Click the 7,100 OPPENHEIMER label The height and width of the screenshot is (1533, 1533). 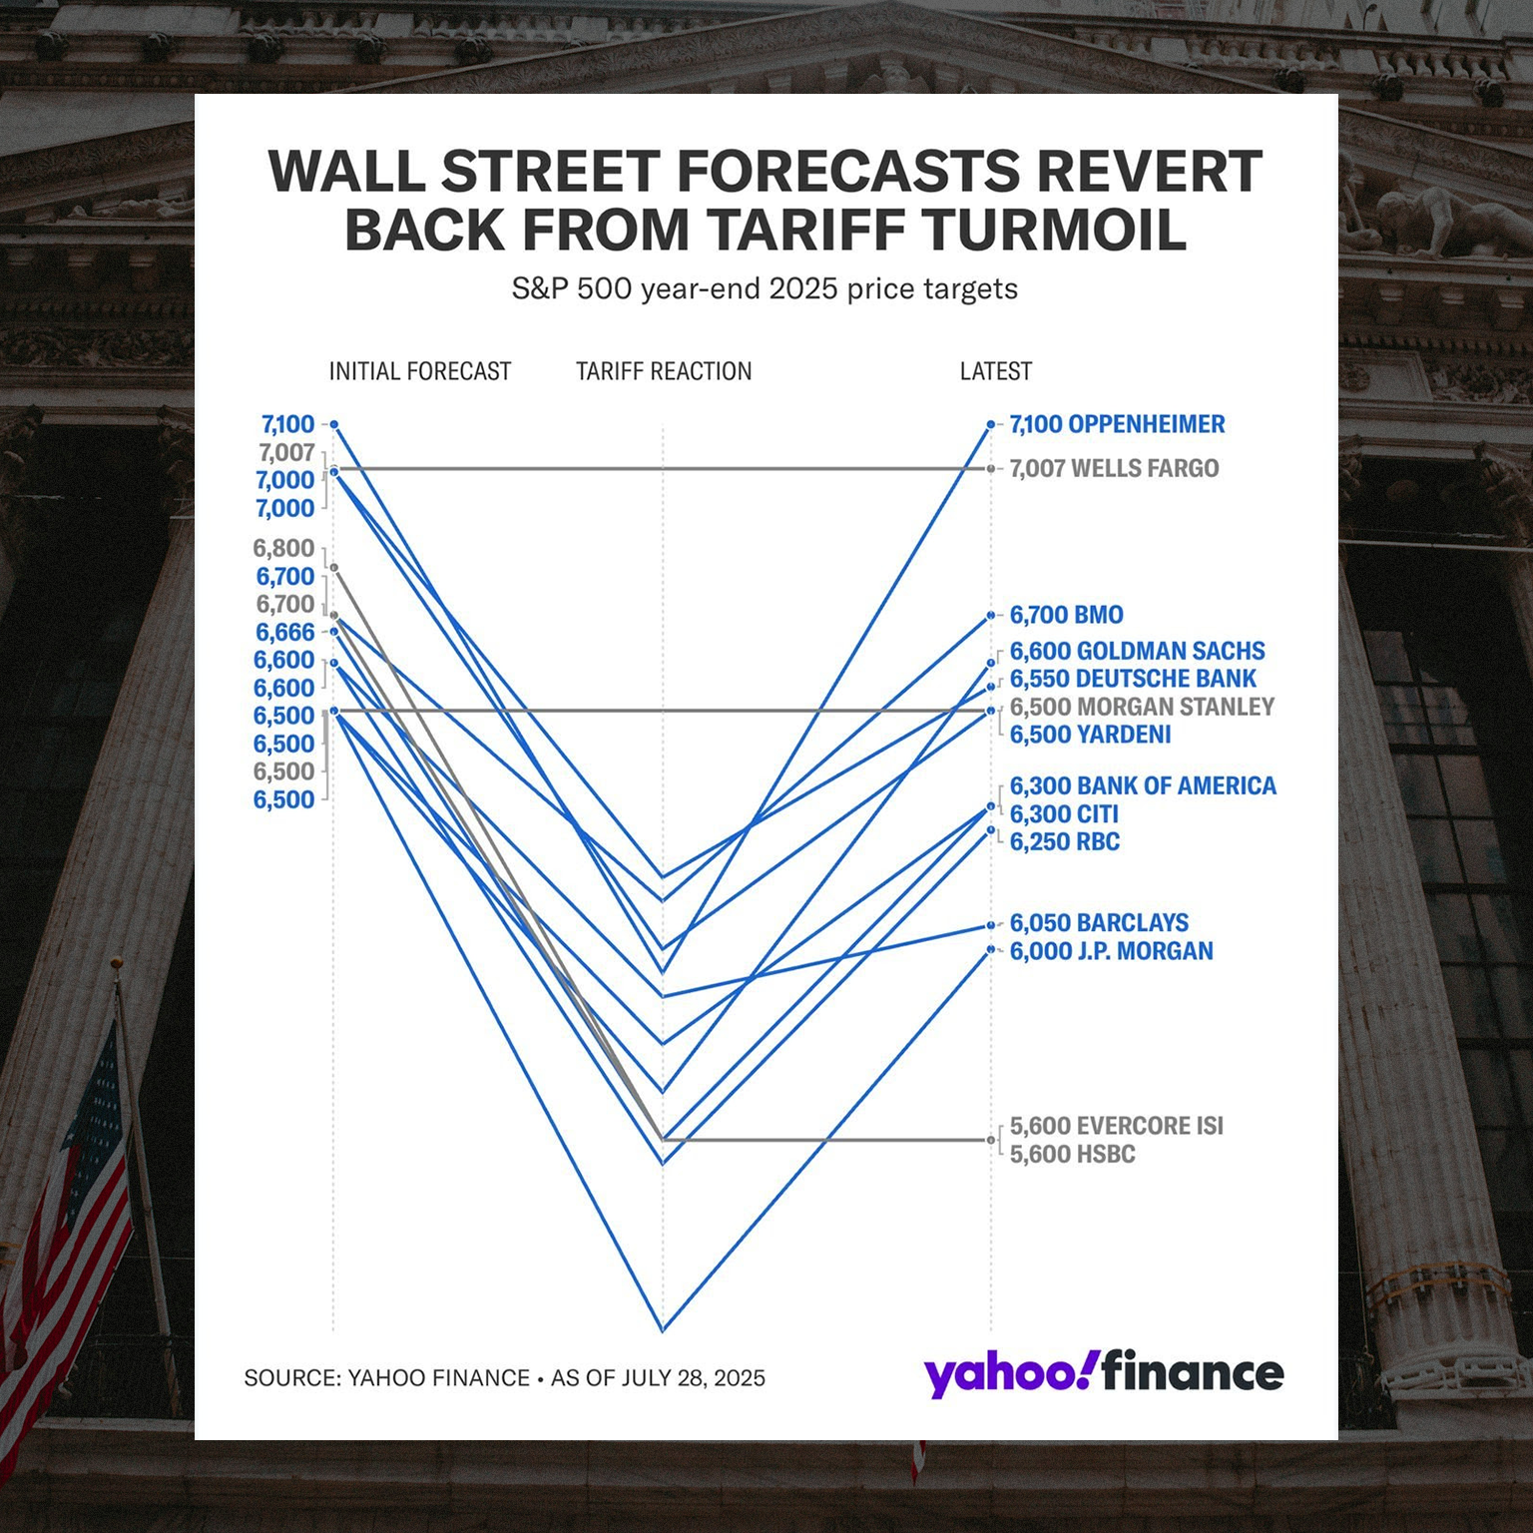click(1117, 424)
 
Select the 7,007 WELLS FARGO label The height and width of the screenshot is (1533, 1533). click(1114, 468)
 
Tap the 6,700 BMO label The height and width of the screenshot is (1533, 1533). click(1066, 615)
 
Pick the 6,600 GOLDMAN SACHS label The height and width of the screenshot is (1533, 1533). click(1137, 651)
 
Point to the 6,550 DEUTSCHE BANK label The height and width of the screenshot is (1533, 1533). click(1133, 679)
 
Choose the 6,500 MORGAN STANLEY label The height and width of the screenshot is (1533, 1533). click(1142, 707)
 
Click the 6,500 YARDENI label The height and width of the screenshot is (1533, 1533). click(1090, 735)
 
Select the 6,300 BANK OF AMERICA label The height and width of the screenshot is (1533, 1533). click(1143, 785)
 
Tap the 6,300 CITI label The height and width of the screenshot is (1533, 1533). click(1064, 814)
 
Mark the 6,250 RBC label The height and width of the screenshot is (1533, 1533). click(1064, 841)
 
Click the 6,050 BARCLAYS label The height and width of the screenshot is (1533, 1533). click(1099, 923)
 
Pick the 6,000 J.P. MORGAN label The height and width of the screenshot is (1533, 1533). click(1111, 951)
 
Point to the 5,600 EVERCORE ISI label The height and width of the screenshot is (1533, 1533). click(1116, 1126)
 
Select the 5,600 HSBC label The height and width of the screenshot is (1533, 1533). click(1072, 1154)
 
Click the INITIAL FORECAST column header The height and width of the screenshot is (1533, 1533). click(420, 371)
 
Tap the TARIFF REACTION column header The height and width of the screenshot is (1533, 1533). click(664, 371)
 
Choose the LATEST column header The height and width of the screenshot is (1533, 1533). click(996, 371)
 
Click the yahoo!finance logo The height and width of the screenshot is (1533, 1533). click(1104, 1373)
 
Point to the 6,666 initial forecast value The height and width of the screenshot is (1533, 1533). click(284, 632)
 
